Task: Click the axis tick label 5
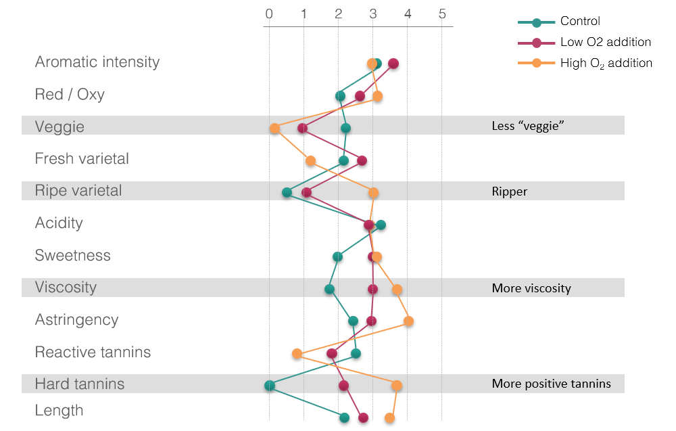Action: point(442,14)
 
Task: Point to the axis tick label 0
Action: point(269,14)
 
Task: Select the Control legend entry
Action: point(580,22)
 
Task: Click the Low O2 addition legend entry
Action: point(605,43)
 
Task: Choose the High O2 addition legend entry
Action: point(606,63)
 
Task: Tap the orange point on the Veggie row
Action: point(274,129)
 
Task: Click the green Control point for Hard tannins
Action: point(270,386)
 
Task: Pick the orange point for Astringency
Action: point(408,321)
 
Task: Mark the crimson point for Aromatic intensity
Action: point(393,64)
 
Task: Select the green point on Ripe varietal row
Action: point(287,193)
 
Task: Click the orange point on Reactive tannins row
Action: point(297,353)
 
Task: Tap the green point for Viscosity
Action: point(329,290)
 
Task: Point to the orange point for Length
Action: point(389,417)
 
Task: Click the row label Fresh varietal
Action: point(82,159)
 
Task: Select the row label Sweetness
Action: point(72,256)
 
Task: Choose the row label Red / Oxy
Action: point(70,95)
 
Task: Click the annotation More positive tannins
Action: point(551,384)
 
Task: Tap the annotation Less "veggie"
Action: point(527,127)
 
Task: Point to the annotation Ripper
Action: point(509,191)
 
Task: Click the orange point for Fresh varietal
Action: point(310,161)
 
